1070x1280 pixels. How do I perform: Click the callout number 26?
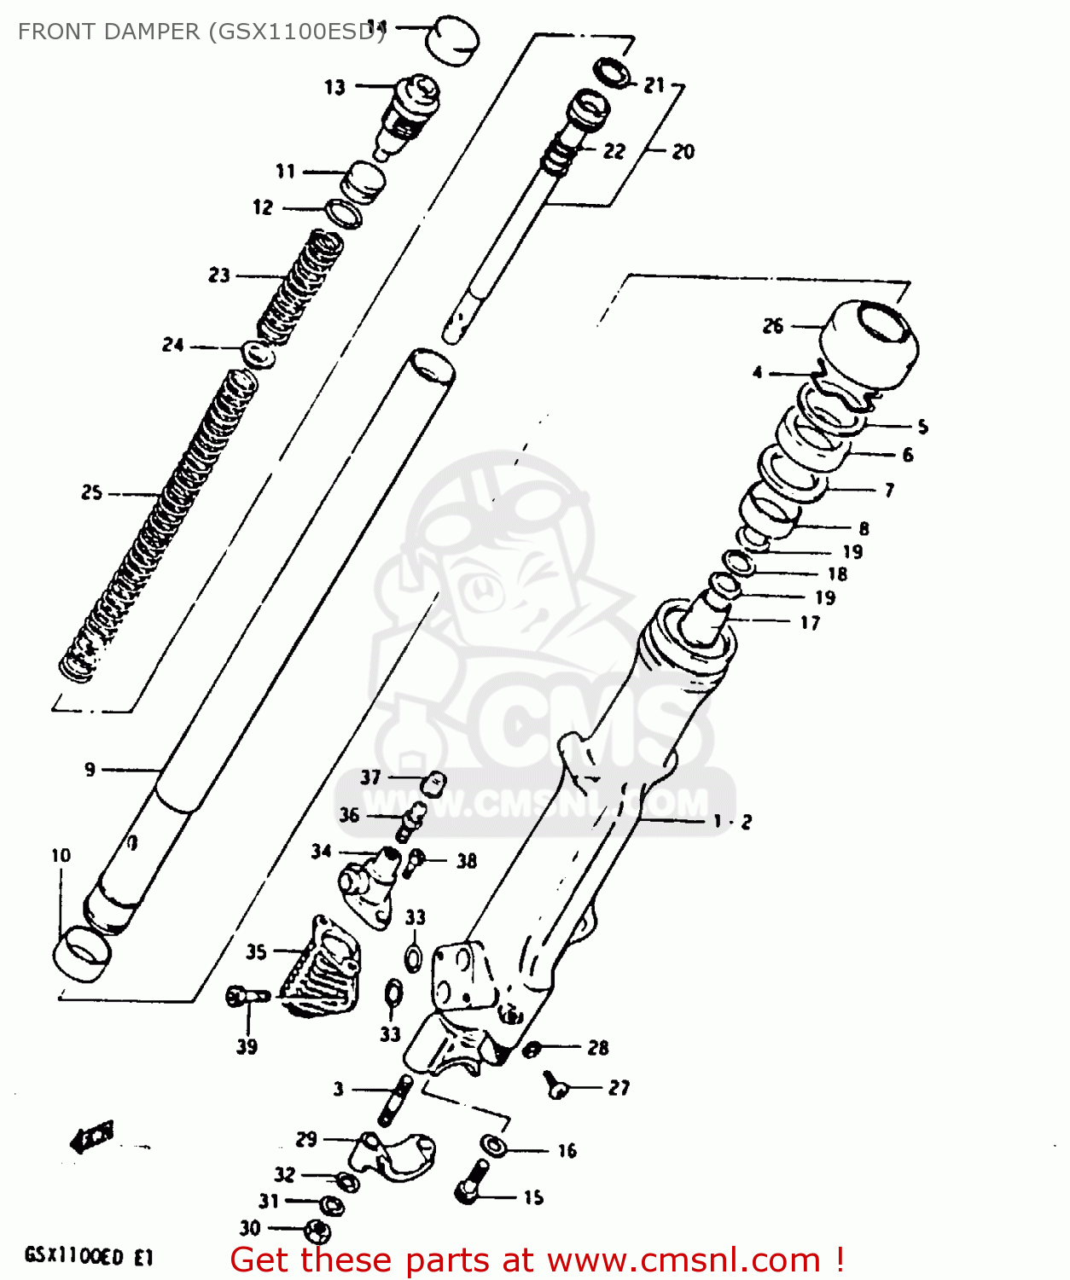(x=773, y=326)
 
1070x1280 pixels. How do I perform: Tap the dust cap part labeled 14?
(x=451, y=40)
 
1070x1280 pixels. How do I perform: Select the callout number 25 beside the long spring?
(x=92, y=492)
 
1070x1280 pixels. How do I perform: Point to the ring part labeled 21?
(x=614, y=73)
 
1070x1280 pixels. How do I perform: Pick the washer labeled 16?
(x=493, y=1145)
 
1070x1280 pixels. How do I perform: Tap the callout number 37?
(x=370, y=777)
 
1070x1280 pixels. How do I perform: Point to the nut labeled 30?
(x=317, y=1231)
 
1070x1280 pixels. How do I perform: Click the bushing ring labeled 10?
(x=82, y=952)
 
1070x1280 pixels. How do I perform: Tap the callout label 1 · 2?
(x=732, y=822)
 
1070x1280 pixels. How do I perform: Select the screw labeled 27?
(x=556, y=1085)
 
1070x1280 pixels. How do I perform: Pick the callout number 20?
(x=683, y=152)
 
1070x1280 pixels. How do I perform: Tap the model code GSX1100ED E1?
(x=89, y=1256)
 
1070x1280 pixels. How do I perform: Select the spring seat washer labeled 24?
(x=259, y=353)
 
